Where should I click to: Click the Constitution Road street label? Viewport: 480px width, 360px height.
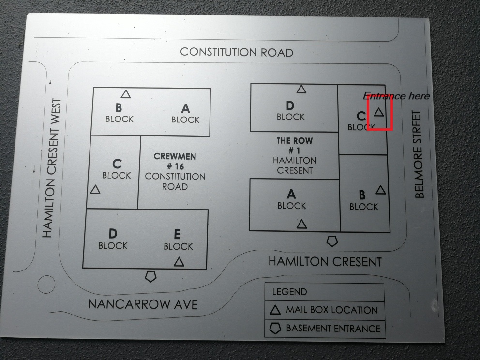pyautogui.click(x=236, y=52)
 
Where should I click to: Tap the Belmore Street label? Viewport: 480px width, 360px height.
pyautogui.click(x=420, y=154)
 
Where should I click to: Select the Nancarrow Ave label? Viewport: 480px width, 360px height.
pyautogui.click(x=143, y=304)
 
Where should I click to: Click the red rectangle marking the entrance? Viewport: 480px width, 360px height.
pyautogui.click(x=379, y=113)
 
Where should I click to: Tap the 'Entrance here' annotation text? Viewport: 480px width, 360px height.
pyautogui.click(x=396, y=96)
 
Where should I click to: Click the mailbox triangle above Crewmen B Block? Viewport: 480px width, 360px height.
pyautogui.click(x=126, y=94)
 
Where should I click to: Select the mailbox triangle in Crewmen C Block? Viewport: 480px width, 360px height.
pyautogui.click(x=95, y=189)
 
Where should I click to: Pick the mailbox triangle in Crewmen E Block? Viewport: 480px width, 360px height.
pyautogui.click(x=179, y=262)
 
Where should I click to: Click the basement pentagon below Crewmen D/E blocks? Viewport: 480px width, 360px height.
pyautogui.click(x=151, y=276)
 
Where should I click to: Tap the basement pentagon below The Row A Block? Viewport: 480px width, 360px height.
pyautogui.click(x=332, y=240)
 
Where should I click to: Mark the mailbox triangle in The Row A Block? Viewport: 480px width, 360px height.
pyautogui.click(x=301, y=224)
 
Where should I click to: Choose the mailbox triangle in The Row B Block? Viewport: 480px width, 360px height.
pyautogui.click(x=381, y=190)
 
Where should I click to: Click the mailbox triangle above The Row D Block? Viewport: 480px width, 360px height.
pyautogui.click(x=301, y=89)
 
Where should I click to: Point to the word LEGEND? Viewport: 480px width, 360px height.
pyautogui.click(x=289, y=292)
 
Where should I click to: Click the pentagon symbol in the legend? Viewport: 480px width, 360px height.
pyautogui.click(x=274, y=329)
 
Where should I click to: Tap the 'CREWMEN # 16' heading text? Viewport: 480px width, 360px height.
pyautogui.click(x=175, y=162)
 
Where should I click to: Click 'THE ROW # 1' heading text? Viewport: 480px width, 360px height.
pyautogui.click(x=294, y=146)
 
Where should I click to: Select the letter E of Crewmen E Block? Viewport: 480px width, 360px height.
pyautogui.click(x=177, y=235)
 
